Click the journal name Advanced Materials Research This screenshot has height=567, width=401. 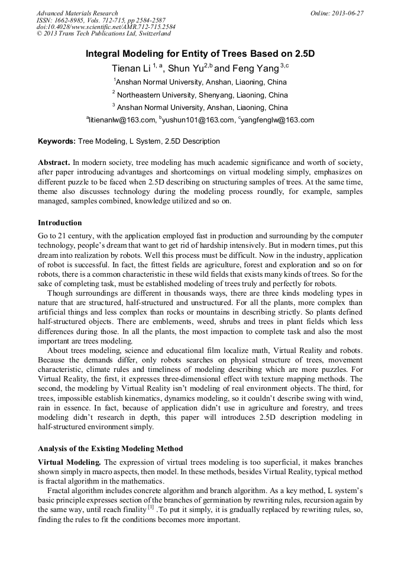click(77, 13)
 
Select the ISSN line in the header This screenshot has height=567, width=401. click(101, 20)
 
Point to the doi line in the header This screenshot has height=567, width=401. click(106, 27)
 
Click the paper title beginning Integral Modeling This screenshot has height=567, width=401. click(200, 54)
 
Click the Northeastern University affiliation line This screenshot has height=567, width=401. click(200, 95)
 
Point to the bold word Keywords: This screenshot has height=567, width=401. click(57, 141)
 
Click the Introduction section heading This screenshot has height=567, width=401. click(60, 223)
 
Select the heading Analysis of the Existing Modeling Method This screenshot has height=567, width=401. click(110, 449)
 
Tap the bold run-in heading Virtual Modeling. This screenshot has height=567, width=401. click(70, 462)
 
